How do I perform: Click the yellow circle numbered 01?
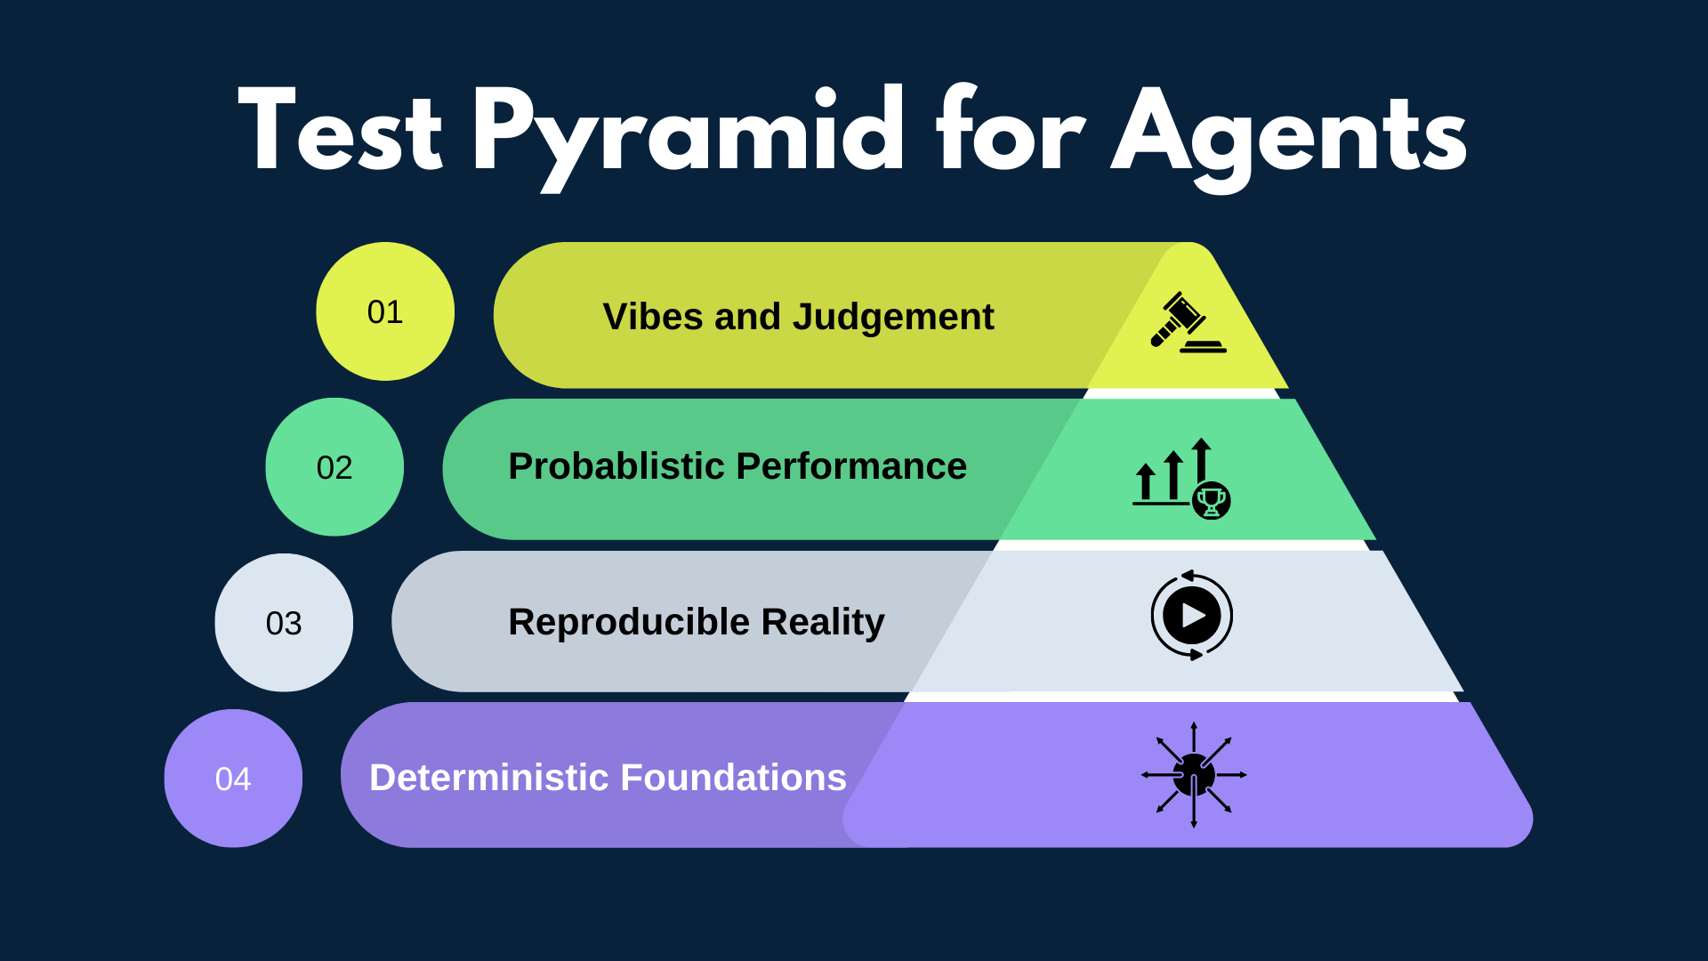point(385,311)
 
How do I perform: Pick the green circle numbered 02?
point(334,467)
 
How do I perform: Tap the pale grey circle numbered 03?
point(284,623)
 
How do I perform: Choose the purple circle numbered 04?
point(233,779)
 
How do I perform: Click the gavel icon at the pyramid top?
point(1187,322)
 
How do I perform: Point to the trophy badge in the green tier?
point(1211,501)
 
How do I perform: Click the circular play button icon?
point(1191,615)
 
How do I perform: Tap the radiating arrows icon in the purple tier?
point(1194,775)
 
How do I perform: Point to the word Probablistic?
point(616,466)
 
